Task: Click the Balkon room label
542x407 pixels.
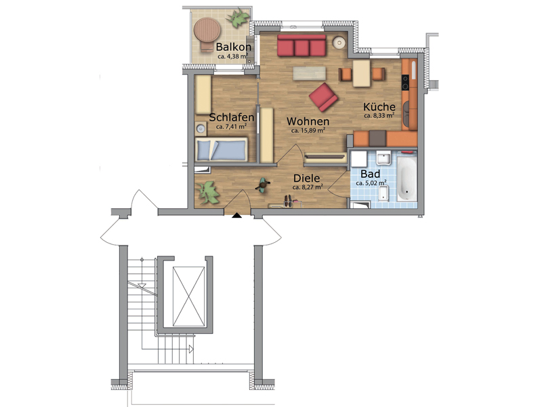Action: (x=233, y=47)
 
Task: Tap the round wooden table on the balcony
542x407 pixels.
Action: (x=207, y=29)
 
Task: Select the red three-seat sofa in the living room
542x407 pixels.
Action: (x=301, y=45)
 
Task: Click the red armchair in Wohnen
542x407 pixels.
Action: (x=324, y=97)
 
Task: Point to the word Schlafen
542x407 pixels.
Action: (x=231, y=117)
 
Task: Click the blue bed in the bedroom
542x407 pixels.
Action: (x=222, y=149)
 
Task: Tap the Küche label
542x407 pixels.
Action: (x=379, y=106)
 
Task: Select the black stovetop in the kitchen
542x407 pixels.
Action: (x=404, y=82)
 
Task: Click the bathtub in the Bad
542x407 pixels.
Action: (x=407, y=179)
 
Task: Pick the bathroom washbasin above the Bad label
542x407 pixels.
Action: (x=383, y=158)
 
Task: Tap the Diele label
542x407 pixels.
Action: (x=307, y=178)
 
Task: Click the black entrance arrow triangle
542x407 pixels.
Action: (x=236, y=215)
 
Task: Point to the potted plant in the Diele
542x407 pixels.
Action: (x=209, y=193)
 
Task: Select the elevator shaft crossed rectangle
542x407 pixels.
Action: (x=189, y=296)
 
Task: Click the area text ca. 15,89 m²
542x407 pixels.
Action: (x=308, y=130)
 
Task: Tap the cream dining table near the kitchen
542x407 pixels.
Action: (x=361, y=73)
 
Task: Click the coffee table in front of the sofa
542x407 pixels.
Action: (x=310, y=73)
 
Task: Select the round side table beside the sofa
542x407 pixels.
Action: (x=339, y=43)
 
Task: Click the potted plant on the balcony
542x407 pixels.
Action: (x=238, y=19)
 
